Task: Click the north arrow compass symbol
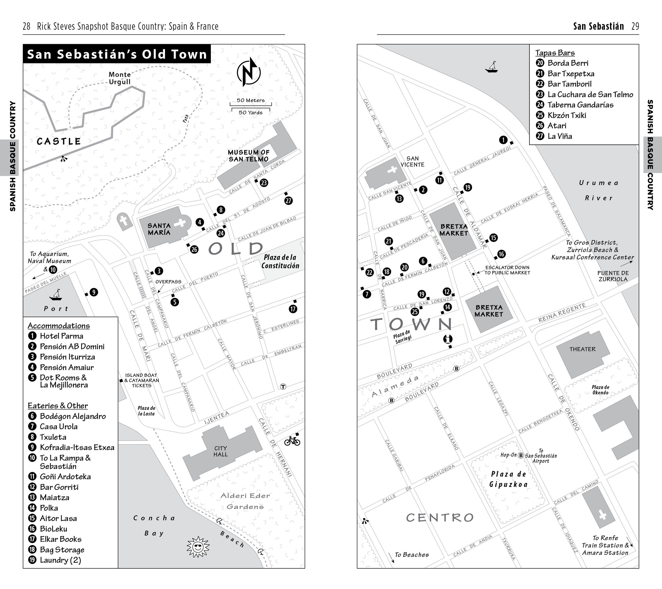coord(249,72)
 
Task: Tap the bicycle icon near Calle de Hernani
coord(292,441)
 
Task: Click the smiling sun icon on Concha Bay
coord(198,547)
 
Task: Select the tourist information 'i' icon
coord(448,339)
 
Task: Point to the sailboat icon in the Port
coord(56,295)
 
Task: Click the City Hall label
coord(220,451)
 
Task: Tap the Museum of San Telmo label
coord(249,156)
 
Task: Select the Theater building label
coord(582,349)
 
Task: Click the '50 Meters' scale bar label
coord(250,100)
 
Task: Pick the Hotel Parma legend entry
coord(61,336)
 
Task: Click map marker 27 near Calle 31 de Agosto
coord(288,201)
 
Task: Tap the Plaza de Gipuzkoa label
coord(508,479)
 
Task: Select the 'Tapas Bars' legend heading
coord(555,53)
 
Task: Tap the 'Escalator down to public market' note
coord(507,270)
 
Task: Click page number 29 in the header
coord(635,26)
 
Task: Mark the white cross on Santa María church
coord(180,223)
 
